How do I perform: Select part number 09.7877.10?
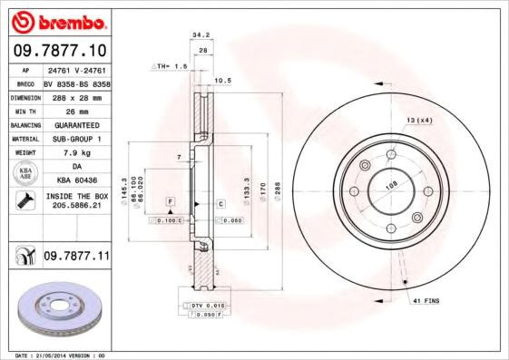point(60,51)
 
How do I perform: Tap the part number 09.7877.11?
point(76,258)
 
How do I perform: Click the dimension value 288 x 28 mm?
point(76,96)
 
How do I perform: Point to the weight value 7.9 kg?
point(76,152)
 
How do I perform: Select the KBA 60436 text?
point(76,181)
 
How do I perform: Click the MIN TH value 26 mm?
point(76,110)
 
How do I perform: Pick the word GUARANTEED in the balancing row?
point(76,124)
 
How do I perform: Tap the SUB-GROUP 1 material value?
point(76,138)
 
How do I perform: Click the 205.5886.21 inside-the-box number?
point(76,207)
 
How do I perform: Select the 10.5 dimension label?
point(223,81)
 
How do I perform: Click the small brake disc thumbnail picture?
point(57,308)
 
